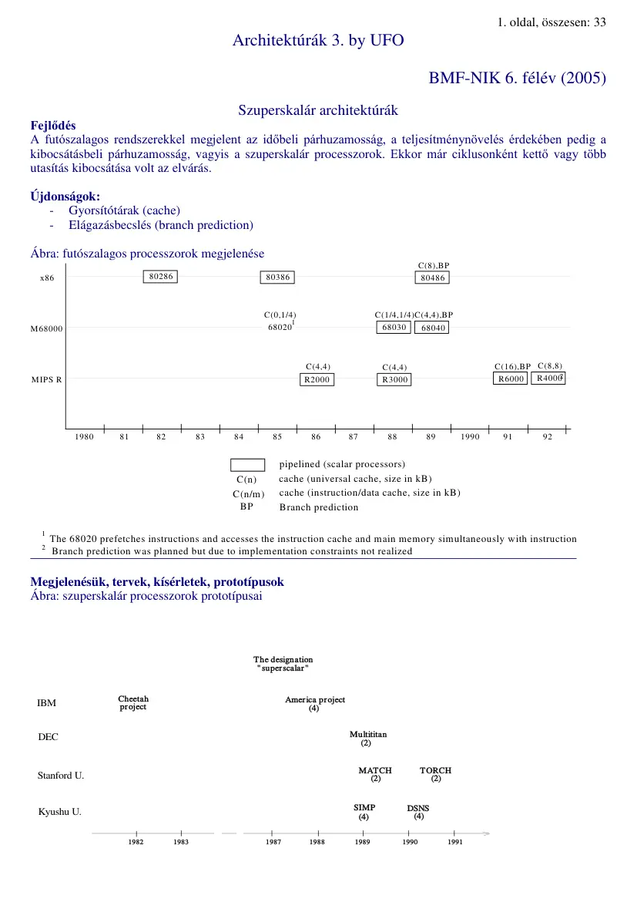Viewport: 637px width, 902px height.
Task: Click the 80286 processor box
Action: (160, 277)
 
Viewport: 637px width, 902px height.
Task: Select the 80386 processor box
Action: (277, 277)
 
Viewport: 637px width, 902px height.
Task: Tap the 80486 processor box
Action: (431, 278)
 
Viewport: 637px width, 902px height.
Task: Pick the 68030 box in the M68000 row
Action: (394, 328)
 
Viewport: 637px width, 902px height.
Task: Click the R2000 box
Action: (317, 379)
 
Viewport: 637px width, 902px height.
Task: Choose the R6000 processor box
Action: (511, 379)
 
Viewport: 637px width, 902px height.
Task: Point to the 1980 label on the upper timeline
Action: (84, 437)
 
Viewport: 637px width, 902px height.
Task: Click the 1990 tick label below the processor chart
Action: (470, 437)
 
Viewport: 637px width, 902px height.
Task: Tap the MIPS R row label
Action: (46, 379)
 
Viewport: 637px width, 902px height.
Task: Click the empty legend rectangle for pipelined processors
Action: (248, 465)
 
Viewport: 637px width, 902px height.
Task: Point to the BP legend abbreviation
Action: (247, 507)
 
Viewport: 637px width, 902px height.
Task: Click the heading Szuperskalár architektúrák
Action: (318, 111)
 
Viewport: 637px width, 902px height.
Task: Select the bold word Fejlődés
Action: (53, 126)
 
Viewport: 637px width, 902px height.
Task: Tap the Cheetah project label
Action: (133, 703)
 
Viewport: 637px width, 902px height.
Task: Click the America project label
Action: (315, 700)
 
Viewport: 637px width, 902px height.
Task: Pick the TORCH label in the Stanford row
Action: (435, 770)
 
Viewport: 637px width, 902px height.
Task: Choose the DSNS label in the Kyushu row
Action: (418, 808)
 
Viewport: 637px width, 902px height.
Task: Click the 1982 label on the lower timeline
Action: (136, 843)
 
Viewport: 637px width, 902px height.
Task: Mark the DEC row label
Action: (49, 737)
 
